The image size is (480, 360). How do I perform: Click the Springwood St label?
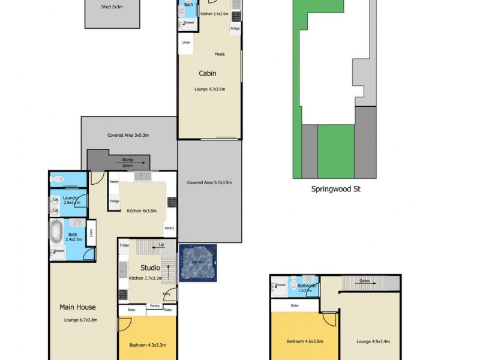click(335, 188)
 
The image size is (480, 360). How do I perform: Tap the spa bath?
click(197, 263)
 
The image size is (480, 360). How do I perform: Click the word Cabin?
click(208, 74)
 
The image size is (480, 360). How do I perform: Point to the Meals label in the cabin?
click(220, 54)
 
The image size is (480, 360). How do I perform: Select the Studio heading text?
click(150, 268)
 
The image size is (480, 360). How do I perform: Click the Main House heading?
click(74, 307)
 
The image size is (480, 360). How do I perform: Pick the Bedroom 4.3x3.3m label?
click(148, 345)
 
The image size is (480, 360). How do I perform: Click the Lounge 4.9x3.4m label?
click(373, 341)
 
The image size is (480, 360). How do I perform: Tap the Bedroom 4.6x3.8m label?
click(305, 341)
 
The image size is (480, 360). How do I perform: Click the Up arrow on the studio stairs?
click(158, 245)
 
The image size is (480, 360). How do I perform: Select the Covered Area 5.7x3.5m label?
click(209, 182)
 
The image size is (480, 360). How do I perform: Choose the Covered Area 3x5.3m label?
click(128, 136)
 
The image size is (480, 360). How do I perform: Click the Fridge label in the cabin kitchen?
click(235, 28)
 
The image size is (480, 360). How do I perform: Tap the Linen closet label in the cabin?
click(186, 43)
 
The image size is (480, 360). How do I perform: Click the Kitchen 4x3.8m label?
click(142, 211)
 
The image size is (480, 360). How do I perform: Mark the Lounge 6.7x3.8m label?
click(80, 320)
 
